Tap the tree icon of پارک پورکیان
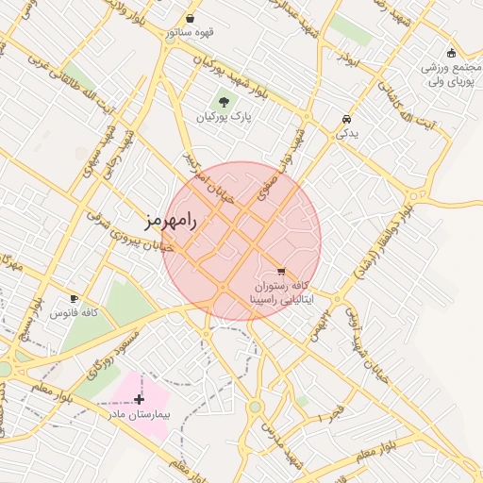tap(224, 102)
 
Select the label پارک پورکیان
tap(225, 119)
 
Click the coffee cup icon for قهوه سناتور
tap(191, 18)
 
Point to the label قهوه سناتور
tap(191, 33)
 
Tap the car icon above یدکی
tap(347, 120)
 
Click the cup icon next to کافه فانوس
tap(75, 298)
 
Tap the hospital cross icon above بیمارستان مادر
tap(140, 399)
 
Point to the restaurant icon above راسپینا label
tap(281, 272)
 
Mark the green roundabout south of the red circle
tap(254, 407)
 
